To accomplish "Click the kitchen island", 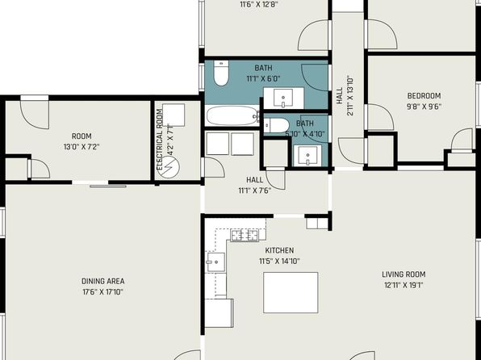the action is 291,292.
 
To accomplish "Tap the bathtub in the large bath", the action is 232,115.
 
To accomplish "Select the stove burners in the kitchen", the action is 245,236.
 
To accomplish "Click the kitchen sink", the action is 216,262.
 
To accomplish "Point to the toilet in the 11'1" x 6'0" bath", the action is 221,73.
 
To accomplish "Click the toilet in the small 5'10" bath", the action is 276,126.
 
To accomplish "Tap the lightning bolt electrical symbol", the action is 169,167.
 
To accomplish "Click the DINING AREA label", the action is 103,281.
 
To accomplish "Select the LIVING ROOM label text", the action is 404,274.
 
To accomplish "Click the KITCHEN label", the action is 279,250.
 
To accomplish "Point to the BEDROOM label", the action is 424,96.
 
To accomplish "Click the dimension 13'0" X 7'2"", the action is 82,147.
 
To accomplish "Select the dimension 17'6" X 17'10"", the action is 102,291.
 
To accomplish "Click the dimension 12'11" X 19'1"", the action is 404,285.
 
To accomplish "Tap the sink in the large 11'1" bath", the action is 283,98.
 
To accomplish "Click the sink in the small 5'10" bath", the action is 307,156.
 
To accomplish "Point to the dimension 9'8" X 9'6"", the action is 424,107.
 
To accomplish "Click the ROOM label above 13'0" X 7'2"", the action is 82,136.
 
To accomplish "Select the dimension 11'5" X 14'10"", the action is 279,262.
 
